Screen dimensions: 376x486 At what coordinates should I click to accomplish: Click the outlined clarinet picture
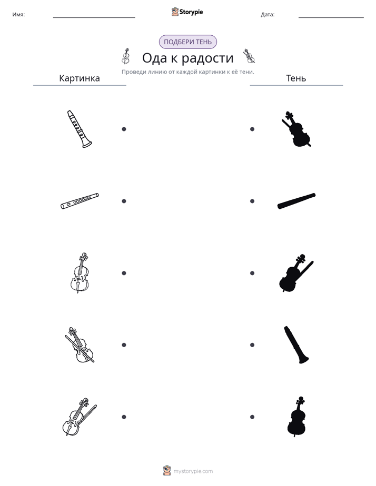coord(79,129)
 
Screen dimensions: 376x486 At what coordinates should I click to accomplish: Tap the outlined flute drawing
coord(80,201)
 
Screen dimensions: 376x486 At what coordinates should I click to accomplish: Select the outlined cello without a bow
coord(80,273)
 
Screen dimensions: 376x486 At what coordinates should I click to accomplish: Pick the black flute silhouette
coord(296,201)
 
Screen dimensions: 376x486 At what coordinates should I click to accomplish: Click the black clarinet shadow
coord(296,345)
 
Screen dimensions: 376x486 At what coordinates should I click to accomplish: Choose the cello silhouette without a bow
coord(297,417)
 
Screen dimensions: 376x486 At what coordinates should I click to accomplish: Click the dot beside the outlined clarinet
coord(124,129)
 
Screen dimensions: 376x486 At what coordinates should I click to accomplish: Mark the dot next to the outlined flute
coord(124,201)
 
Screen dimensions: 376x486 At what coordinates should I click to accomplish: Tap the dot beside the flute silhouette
coord(252,201)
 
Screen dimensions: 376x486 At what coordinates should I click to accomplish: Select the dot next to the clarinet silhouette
coord(252,345)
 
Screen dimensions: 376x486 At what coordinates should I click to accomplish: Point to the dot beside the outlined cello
coord(124,273)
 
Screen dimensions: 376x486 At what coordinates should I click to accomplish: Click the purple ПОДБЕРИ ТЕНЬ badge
coord(187,42)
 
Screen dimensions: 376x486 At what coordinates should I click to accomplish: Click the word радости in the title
coord(207,58)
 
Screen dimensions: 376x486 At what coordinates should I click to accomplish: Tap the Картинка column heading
coord(80,78)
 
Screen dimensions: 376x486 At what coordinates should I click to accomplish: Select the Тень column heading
coord(296,78)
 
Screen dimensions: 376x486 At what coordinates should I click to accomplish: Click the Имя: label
coord(18,15)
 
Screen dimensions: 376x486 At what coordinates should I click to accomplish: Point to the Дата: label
coord(268,15)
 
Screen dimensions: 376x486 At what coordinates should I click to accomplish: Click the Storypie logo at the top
coord(187,12)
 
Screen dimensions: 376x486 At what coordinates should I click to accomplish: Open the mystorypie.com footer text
coord(193,471)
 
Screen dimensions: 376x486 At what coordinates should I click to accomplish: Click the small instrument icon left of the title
coord(125,56)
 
